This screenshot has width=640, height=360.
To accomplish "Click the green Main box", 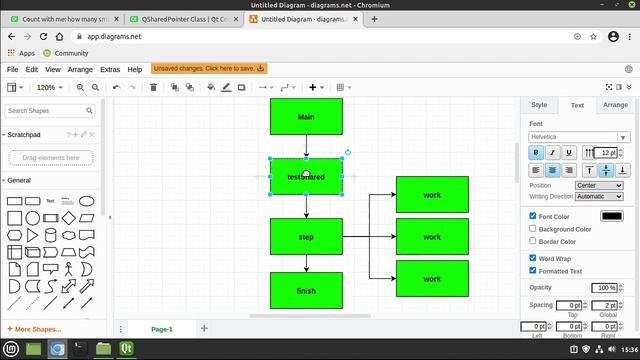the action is pyautogui.click(x=306, y=117).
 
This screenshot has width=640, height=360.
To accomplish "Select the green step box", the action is pyautogui.click(x=306, y=237).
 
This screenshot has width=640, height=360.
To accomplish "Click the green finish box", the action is pyautogui.click(x=306, y=290).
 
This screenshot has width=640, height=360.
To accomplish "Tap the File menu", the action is pyautogui.click(x=13, y=69).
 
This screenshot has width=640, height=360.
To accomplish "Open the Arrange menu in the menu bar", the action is pyautogui.click(x=80, y=69).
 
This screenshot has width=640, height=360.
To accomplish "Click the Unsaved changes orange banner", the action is pyautogui.click(x=208, y=69).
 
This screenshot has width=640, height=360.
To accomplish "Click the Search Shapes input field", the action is pyautogui.click(x=50, y=111).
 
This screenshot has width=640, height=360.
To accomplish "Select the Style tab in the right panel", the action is pyautogui.click(x=539, y=104).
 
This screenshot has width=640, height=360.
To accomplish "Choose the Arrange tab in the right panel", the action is pyautogui.click(x=615, y=104).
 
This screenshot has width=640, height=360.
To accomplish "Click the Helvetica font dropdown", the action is pyautogui.click(x=579, y=137).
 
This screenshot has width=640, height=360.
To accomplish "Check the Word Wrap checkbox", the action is pyautogui.click(x=533, y=258).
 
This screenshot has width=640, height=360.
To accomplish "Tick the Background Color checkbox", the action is pyautogui.click(x=533, y=229).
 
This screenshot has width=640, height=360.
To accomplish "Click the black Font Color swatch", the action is pyautogui.click(x=611, y=216).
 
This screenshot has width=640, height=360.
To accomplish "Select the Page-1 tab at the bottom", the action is pyautogui.click(x=162, y=329).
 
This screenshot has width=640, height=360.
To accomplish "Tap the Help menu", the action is pyautogui.click(x=134, y=69).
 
